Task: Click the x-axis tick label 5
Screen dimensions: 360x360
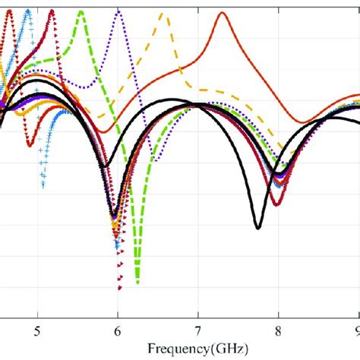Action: (x=37, y=330)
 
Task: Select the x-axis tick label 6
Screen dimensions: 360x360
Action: (x=118, y=330)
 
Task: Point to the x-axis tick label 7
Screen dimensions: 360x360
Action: (x=198, y=330)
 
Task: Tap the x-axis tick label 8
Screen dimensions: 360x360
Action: (x=279, y=330)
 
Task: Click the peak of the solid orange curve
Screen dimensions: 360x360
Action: (x=223, y=13)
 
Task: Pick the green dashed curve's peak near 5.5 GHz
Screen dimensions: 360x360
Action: (x=81, y=11)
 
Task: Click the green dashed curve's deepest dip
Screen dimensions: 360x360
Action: (x=137, y=283)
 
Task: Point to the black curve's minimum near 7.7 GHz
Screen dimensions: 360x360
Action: (x=258, y=227)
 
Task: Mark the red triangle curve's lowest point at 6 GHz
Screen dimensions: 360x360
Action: (x=118, y=289)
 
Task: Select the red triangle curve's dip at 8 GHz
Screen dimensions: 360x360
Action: (x=278, y=204)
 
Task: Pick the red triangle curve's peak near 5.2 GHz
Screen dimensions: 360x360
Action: (x=52, y=11)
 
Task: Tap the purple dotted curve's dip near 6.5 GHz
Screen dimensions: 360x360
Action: (x=155, y=161)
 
